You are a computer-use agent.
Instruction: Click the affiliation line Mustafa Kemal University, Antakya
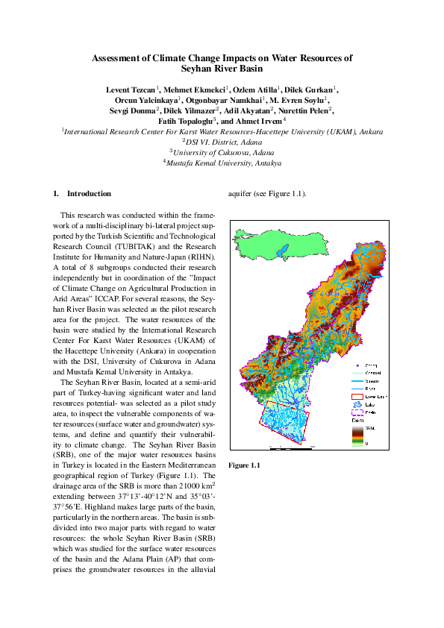click(222, 161)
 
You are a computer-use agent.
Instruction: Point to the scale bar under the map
click(291, 446)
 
